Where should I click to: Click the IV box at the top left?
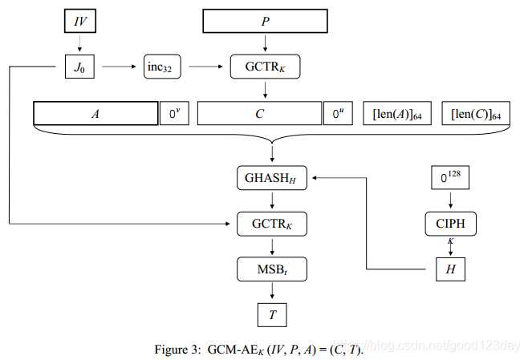pos(79,21)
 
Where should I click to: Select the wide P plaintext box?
pos(265,22)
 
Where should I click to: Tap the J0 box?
pos(79,67)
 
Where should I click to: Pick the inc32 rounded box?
pos(163,67)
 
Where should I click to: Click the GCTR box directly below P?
pos(265,67)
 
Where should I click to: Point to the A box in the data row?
pos(95,114)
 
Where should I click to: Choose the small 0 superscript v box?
pos(173,114)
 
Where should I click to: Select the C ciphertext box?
pos(259,114)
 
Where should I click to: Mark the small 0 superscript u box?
pos(336,114)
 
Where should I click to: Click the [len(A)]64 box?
pos(396,114)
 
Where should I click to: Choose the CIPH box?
pos(450,224)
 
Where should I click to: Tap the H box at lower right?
pos(450,269)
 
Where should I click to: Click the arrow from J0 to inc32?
pos(115,67)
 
